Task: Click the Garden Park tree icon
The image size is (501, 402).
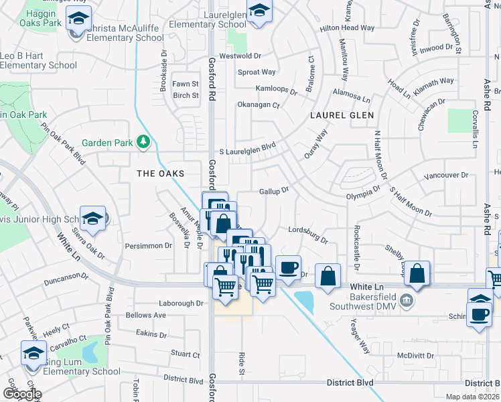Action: pos(143,141)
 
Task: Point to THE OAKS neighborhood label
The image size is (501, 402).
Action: pos(160,173)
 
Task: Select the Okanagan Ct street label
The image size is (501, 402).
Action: pos(258,105)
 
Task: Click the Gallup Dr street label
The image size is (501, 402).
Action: pos(274,191)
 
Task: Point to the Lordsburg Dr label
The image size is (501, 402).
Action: pos(308,234)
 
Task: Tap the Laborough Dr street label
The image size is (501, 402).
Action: pos(181,303)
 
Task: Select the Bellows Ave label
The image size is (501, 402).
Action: pos(146,315)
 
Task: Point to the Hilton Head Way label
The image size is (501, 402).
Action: pos(347,28)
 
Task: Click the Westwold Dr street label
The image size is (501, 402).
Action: pos(257,56)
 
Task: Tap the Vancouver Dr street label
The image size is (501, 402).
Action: pos(446,176)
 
